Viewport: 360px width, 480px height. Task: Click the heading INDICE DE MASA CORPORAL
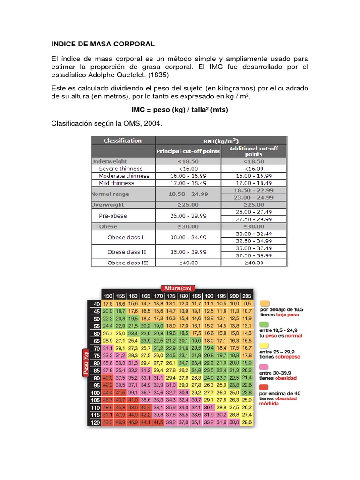point(103,44)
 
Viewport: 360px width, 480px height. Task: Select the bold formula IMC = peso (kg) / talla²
point(180,109)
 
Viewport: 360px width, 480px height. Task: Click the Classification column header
point(122,140)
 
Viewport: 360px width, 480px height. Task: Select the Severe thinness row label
point(121,168)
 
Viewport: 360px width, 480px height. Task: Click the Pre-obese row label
point(112,216)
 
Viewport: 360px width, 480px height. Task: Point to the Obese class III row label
point(127,262)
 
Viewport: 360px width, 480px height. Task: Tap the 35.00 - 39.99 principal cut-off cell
point(187,251)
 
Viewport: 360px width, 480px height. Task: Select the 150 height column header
point(108,296)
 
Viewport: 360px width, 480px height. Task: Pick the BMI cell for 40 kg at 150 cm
point(108,304)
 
